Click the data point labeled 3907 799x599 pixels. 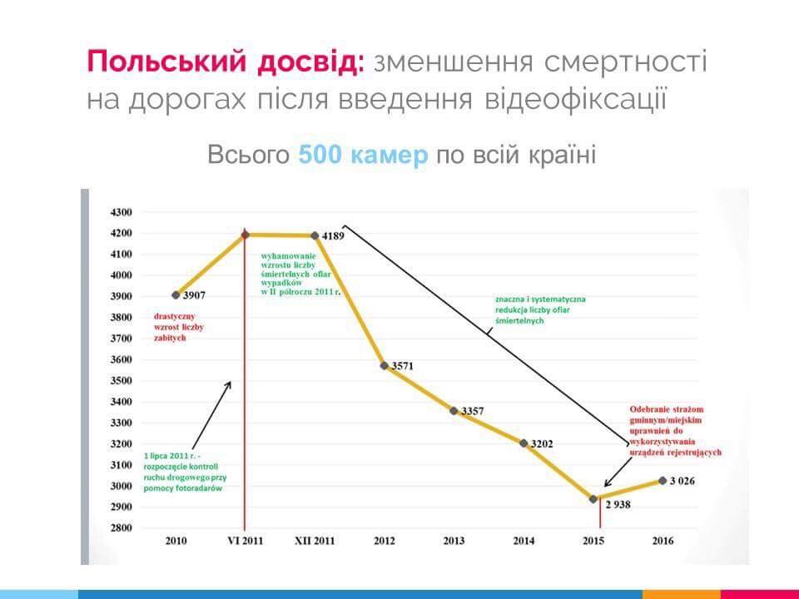coord(176,295)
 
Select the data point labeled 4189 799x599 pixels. coord(315,235)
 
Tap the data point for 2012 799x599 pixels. coord(384,365)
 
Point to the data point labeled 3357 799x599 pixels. coord(454,410)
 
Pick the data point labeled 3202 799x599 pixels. coord(524,443)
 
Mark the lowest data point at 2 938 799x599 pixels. coord(593,498)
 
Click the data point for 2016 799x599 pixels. coord(663,480)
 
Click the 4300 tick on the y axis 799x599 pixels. coord(122,212)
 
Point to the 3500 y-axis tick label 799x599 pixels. coord(122,381)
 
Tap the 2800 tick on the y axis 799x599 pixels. coord(122,528)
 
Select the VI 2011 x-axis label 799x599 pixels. coord(245,541)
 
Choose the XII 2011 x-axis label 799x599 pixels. coord(315,541)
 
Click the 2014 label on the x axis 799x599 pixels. coord(524,541)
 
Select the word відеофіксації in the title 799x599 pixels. coord(573,99)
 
